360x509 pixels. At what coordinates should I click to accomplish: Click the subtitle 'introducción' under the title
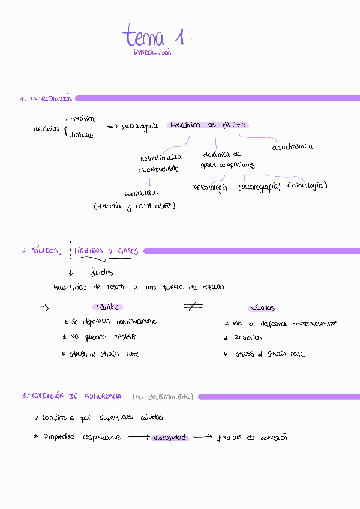click(152, 53)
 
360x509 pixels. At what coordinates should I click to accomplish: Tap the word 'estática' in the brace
click(82, 119)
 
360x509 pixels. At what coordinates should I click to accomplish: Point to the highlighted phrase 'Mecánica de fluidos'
click(208, 125)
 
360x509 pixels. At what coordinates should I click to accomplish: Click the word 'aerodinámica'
click(292, 146)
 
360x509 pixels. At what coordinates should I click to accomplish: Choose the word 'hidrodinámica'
click(161, 158)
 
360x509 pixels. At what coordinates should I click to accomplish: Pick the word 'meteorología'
click(209, 188)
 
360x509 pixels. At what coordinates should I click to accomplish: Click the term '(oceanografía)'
click(259, 187)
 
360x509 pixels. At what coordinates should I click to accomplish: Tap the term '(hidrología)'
click(307, 185)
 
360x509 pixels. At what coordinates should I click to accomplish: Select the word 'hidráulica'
click(141, 193)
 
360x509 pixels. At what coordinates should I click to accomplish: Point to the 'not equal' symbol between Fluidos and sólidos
click(193, 307)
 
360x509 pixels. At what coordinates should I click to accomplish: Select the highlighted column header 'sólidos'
click(262, 308)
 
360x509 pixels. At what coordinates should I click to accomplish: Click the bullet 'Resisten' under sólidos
click(248, 337)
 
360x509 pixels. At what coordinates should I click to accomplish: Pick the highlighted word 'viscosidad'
click(169, 438)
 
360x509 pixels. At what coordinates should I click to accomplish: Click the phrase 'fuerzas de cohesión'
click(252, 438)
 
